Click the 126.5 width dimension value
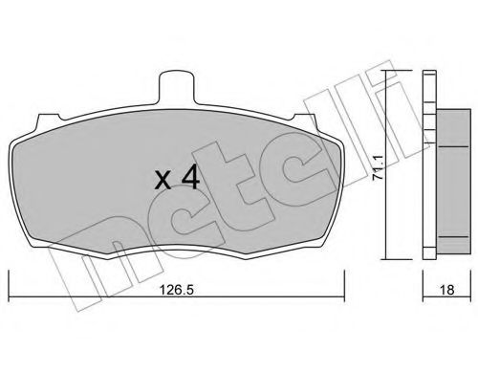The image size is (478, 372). pos(176,290)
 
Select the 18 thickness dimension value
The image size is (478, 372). pos(446,290)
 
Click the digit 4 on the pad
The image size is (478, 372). pos(190,179)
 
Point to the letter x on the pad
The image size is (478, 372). pos(163,182)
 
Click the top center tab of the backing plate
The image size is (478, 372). pos(177,87)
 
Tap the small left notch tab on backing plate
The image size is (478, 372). pos(49,119)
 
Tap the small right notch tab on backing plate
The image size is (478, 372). pos(304,119)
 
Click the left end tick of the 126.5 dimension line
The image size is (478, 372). pos(9,286)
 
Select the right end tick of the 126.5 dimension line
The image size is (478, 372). pos(344,286)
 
